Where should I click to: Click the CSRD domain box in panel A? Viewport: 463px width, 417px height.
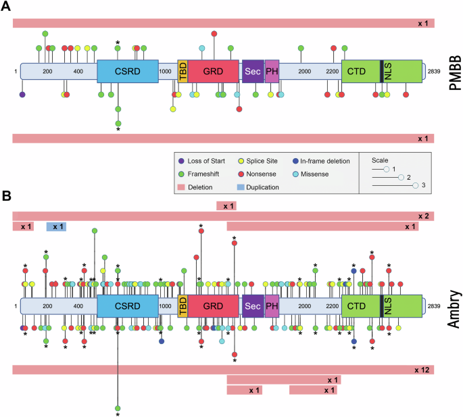click(x=128, y=71)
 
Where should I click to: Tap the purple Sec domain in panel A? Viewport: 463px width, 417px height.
click(x=253, y=71)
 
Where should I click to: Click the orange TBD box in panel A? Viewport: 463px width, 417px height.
click(x=182, y=71)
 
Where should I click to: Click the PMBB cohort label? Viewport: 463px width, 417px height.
click(x=452, y=71)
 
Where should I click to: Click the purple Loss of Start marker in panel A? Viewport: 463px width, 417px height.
click(x=22, y=95)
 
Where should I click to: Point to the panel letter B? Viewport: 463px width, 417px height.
click(x=6, y=197)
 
